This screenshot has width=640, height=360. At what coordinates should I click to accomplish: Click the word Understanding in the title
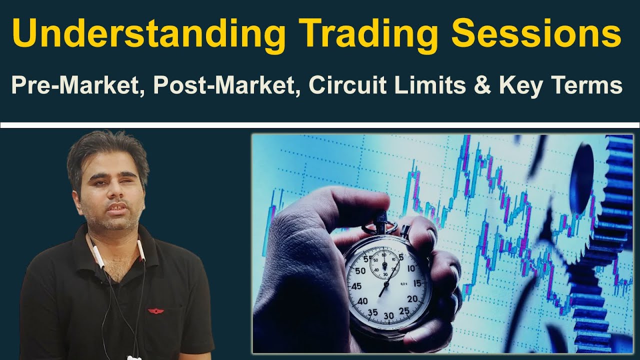[x=148, y=33]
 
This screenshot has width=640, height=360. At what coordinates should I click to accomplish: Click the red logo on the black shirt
[x=156, y=311]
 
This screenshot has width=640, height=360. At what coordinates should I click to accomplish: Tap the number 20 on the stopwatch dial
[x=412, y=298]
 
